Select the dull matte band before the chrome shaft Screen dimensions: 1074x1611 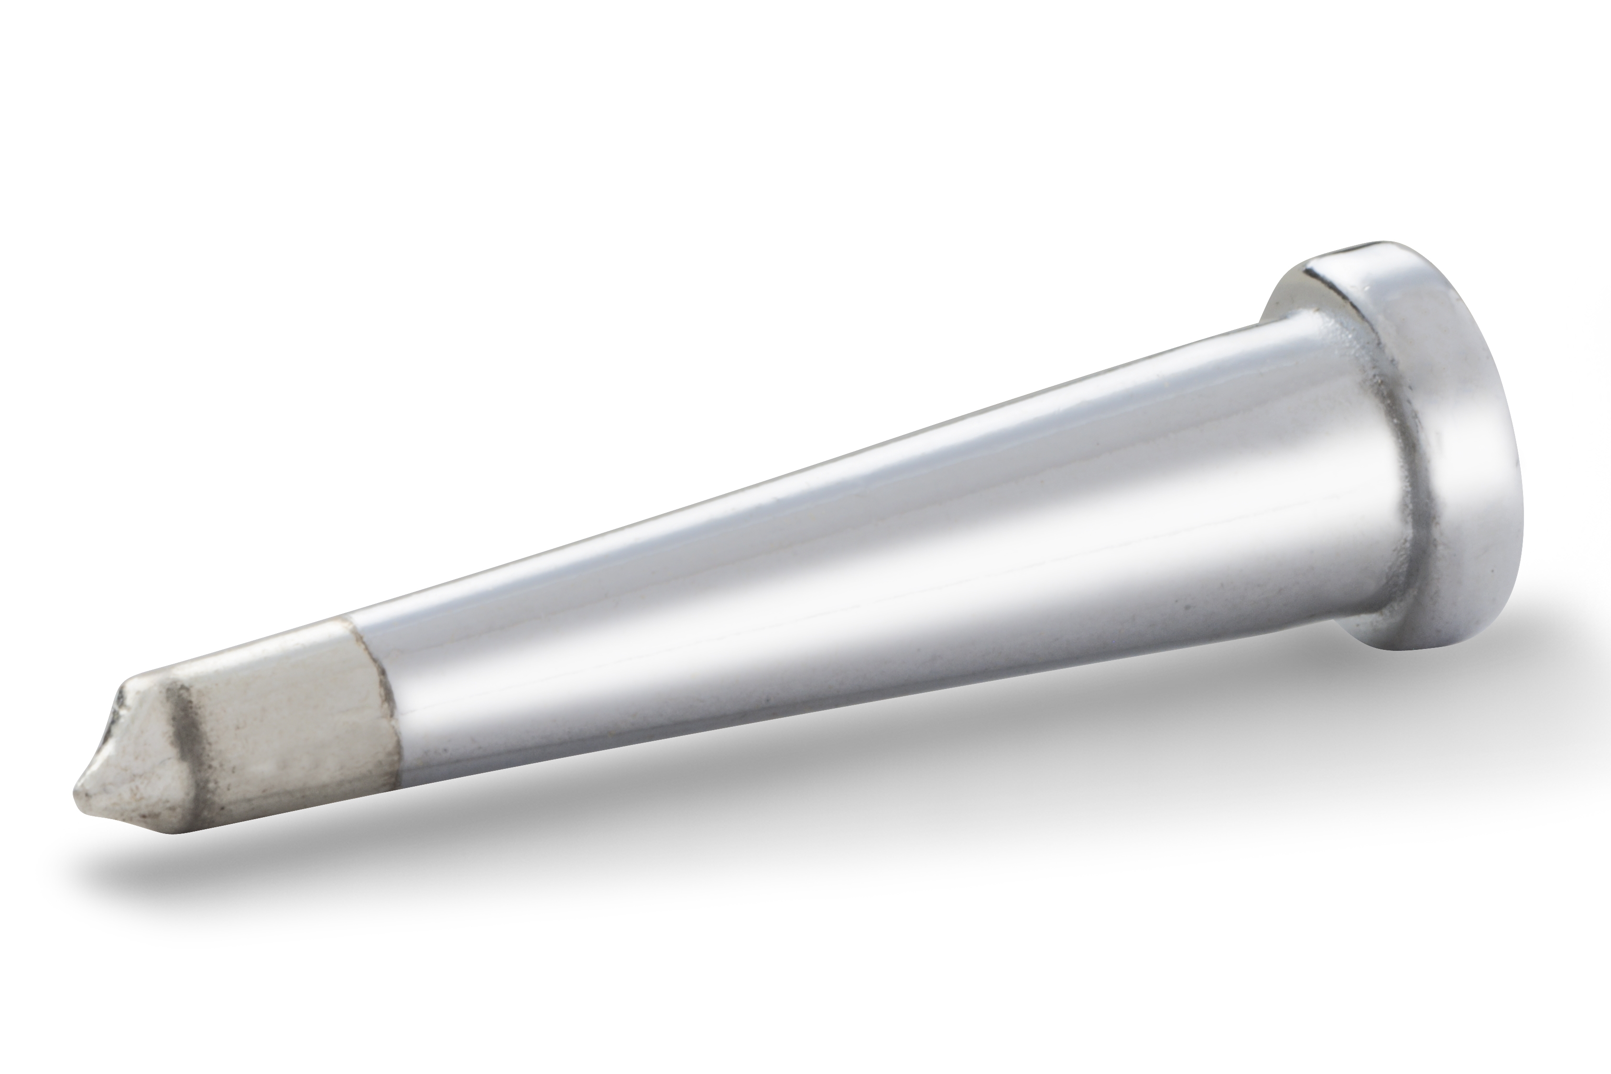pos(288,719)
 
